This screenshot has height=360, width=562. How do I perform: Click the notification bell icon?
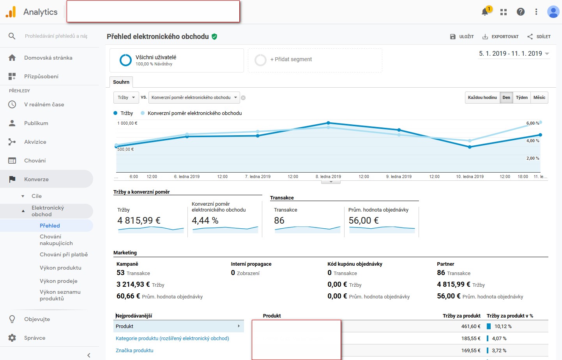coord(485,12)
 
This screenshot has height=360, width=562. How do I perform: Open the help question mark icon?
coord(520,12)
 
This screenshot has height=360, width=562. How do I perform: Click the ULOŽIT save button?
coord(462,37)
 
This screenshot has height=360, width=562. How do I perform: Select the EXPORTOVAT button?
coord(500,37)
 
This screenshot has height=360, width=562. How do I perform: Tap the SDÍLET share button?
coord(539,37)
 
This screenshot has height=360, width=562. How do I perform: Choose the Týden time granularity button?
coord(521,97)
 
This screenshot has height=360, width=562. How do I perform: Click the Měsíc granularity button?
coord(539,97)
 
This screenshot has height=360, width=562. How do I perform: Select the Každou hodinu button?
coord(482,97)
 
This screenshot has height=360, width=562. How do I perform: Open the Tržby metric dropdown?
coord(126,97)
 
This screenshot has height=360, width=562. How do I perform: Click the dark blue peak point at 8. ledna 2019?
coord(328,123)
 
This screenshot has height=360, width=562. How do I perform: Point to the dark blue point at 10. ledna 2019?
coord(470,147)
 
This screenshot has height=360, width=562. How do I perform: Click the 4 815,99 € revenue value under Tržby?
coord(139,221)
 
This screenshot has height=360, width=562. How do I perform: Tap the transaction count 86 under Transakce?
coord(279,221)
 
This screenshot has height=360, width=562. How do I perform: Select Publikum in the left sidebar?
coord(36,123)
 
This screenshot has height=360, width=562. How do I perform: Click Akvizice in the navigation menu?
coord(35,142)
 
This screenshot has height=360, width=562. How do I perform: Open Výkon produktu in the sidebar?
coord(60,268)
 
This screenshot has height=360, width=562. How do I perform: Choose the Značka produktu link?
coord(134,350)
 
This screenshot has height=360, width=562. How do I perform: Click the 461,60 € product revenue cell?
coord(471,326)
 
